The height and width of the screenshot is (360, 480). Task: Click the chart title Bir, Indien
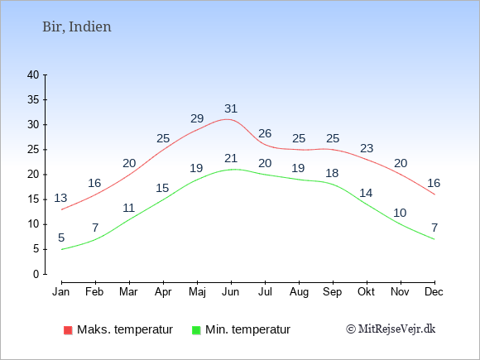tap(77, 27)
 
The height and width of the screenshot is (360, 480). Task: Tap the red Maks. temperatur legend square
tap(68, 330)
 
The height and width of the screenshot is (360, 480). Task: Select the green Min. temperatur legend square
tap(196, 330)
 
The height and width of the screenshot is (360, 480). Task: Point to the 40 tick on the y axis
tap(33, 74)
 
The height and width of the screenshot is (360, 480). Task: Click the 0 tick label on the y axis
tap(36, 274)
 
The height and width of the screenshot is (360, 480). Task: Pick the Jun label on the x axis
tap(231, 292)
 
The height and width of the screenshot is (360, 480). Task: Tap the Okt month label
tap(366, 292)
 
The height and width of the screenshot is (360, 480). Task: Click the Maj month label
tap(197, 292)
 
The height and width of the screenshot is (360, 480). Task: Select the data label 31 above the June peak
tap(231, 108)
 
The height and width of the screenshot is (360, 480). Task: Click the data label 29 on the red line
tap(197, 118)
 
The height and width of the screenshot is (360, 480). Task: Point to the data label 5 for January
tap(61, 238)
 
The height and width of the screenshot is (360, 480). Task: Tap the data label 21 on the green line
tap(231, 158)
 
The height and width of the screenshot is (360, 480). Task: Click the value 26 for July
tap(265, 133)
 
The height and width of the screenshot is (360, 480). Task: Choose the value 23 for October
tap(367, 148)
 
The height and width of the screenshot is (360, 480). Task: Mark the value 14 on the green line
tap(366, 193)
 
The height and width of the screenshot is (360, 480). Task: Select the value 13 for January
tap(60, 198)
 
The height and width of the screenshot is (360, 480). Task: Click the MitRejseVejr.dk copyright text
tap(391, 329)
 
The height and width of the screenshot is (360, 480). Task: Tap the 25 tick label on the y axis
tap(33, 150)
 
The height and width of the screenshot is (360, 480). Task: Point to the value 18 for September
tap(332, 173)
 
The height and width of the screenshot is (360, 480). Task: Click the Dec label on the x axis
tap(434, 292)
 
